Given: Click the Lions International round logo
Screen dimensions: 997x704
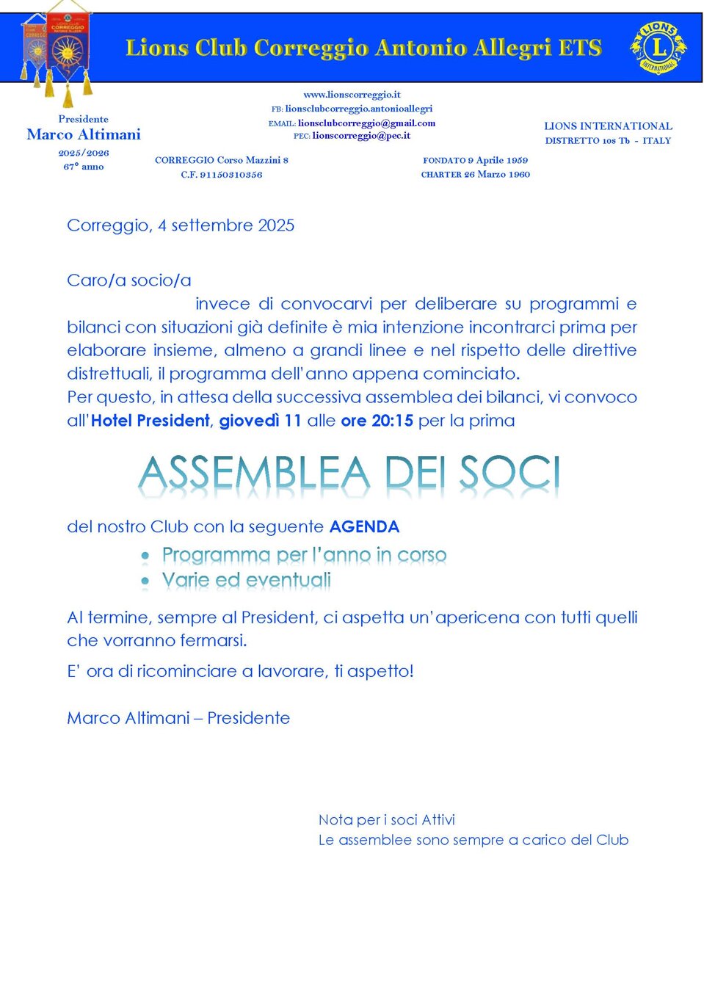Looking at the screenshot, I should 658,48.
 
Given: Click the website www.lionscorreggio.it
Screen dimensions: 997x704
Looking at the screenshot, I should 352,95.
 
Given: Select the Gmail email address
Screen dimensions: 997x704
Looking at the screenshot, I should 366,123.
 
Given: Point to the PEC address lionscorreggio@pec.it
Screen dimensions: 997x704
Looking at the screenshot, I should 361,136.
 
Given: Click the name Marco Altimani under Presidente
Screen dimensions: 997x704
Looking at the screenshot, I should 84,134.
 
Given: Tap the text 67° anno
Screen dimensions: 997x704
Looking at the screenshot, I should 84,167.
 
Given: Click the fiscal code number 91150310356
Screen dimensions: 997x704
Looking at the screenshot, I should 231,175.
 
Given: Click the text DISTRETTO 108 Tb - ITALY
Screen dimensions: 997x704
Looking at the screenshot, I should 608,141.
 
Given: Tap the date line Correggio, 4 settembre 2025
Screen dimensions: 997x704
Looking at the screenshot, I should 181,225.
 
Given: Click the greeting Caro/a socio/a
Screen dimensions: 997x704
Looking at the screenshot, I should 129,280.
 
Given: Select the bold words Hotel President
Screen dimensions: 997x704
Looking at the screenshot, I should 150,421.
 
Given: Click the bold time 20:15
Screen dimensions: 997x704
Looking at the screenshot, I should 391,421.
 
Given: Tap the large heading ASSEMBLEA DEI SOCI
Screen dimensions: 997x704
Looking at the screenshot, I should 349,474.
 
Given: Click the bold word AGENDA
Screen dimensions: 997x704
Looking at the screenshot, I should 364,527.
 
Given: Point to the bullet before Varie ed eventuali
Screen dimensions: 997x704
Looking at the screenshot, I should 145,581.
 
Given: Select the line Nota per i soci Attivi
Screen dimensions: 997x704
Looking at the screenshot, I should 387,820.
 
